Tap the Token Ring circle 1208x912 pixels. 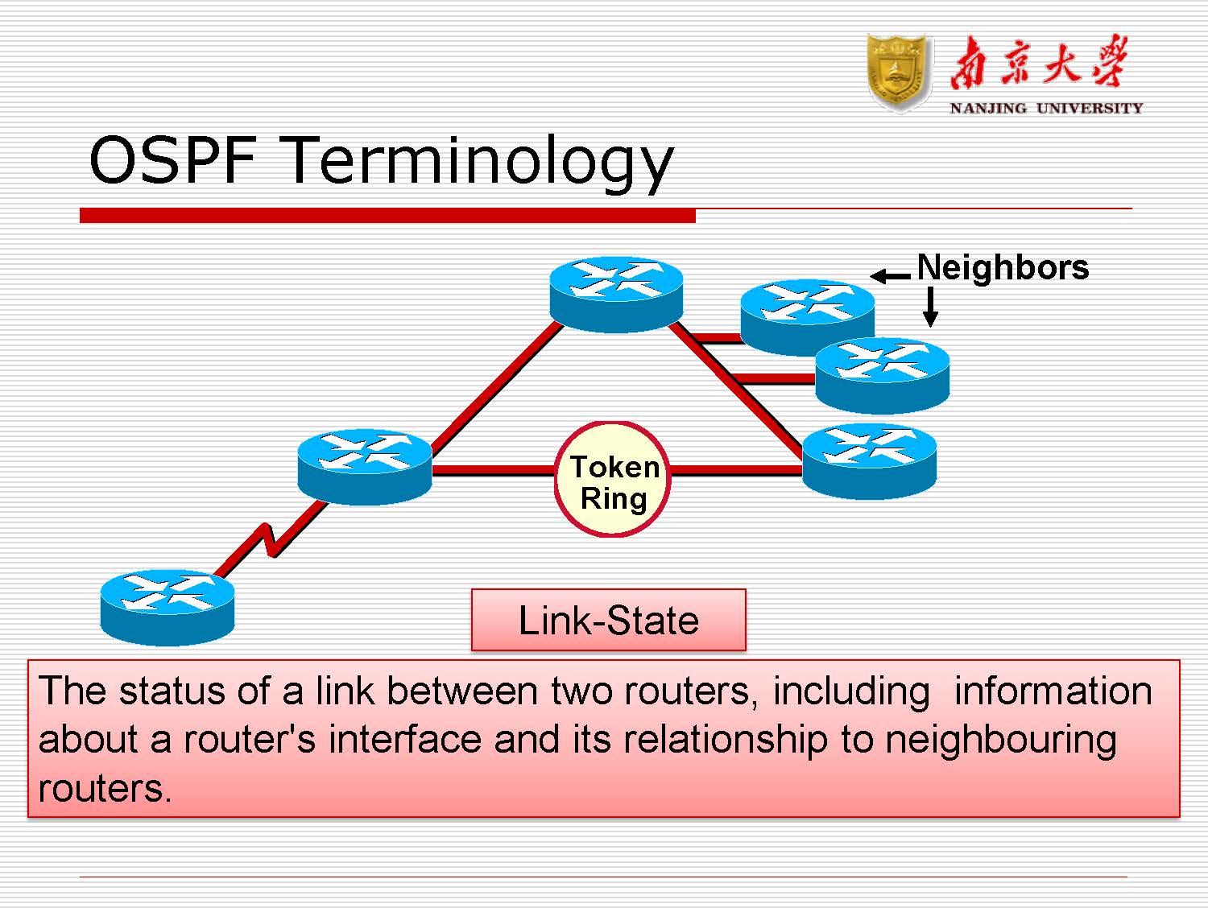coord(613,481)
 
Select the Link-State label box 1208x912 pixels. coord(608,620)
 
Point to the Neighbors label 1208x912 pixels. coord(1003,267)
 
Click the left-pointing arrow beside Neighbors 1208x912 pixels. coord(890,277)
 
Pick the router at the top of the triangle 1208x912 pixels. coord(616,294)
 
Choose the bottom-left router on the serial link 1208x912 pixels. coord(167,608)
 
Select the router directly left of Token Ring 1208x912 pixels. coord(364,467)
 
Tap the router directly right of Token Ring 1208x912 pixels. coord(870,462)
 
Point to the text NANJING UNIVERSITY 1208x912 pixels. coord(1045,108)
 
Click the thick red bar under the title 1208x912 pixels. coord(387,216)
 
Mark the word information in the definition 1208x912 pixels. coord(1053,691)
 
